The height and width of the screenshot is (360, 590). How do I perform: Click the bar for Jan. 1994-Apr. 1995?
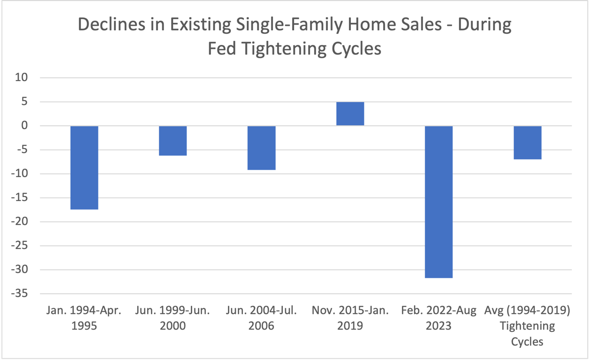tap(84, 167)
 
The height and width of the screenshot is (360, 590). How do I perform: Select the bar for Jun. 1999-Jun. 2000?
tap(173, 141)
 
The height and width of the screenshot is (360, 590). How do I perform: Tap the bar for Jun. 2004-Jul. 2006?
tap(262, 148)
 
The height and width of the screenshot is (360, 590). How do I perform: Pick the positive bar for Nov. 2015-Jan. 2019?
tap(350, 114)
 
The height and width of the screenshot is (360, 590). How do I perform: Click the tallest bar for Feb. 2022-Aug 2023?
tap(439, 202)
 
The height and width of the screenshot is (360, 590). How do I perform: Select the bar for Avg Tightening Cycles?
tap(528, 142)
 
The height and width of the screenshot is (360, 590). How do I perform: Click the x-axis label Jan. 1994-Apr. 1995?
tap(84, 318)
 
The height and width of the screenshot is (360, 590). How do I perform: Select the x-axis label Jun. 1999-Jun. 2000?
tap(173, 318)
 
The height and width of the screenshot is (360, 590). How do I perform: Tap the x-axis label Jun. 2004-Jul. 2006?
tap(262, 318)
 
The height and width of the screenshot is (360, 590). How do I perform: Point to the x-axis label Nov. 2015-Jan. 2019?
tap(350, 318)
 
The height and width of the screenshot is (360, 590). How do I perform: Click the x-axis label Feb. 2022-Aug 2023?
tap(439, 318)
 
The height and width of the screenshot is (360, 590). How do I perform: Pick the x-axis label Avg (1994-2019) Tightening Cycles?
tap(528, 326)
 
